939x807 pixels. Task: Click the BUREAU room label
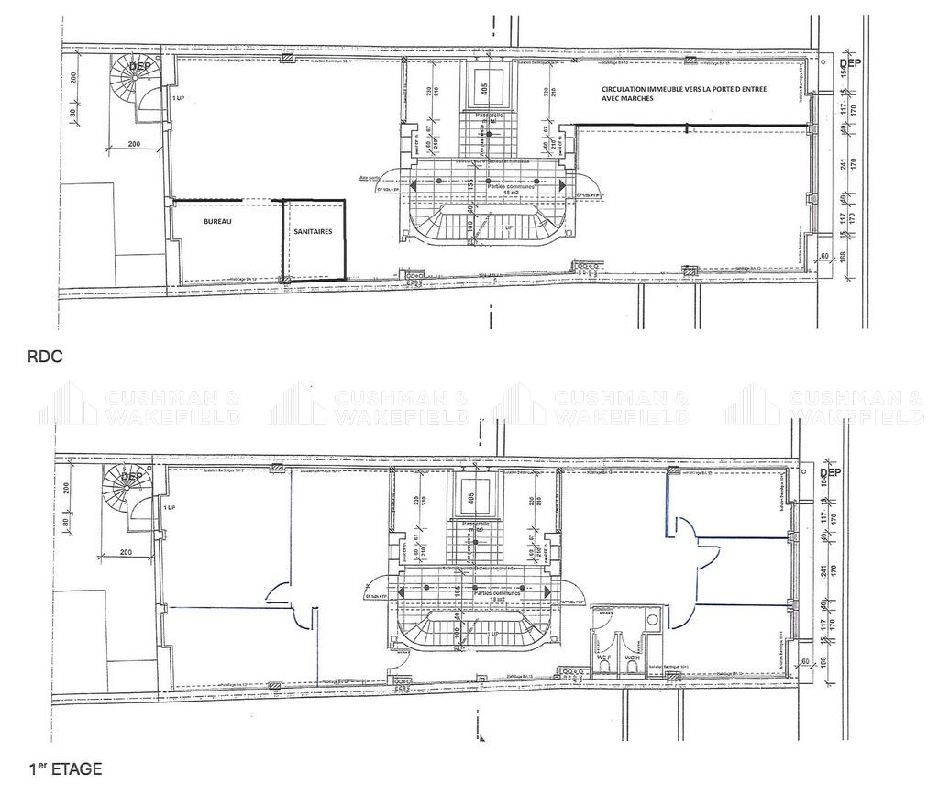[x=217, y=223]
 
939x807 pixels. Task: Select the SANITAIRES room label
[x=314, y=232]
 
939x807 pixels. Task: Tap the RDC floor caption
[x=46, y=358]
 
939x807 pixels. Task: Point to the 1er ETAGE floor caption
[x=65, y=769]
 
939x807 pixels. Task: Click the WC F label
[x=604, y=658]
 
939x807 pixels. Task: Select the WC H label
[x=632, y=658]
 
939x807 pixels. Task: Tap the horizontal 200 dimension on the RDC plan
[x=134, y=145]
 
